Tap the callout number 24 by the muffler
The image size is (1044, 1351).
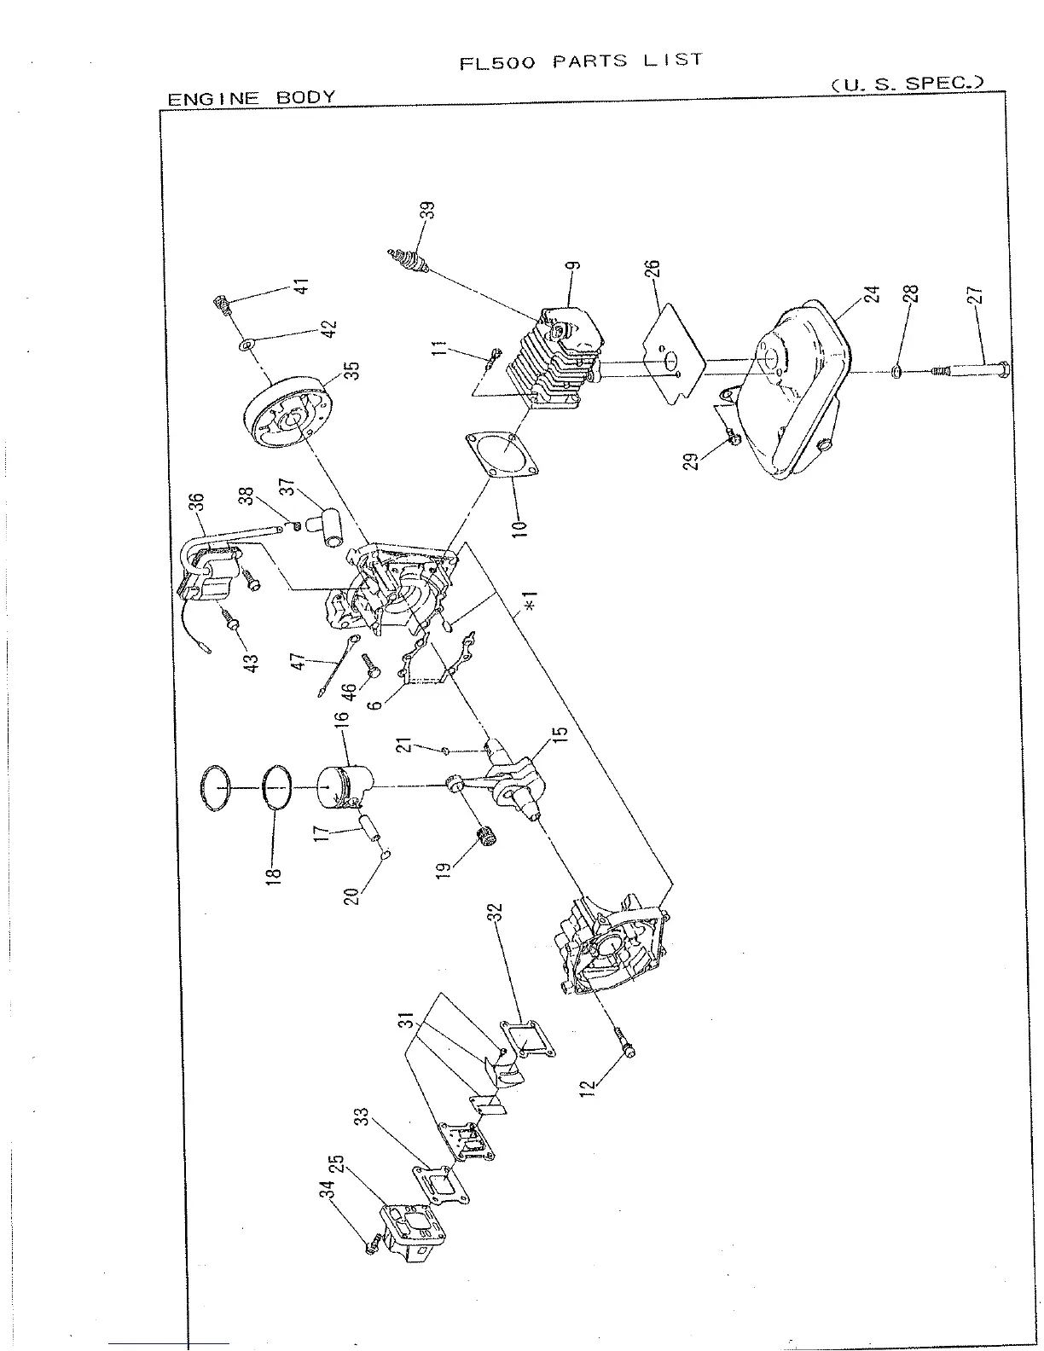(870, 294)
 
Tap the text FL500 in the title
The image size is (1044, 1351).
(496, 64)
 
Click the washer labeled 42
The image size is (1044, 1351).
(246, 345)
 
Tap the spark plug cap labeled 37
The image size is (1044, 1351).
(327, 529)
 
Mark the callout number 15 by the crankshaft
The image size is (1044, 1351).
(560, 739)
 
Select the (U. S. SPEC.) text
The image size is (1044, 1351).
(906, 84)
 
